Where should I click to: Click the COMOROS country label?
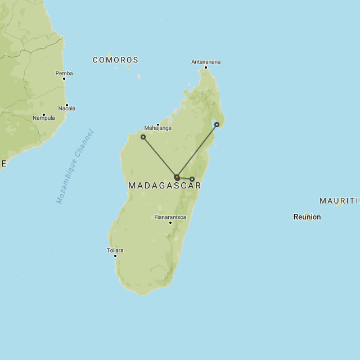pos(115,60)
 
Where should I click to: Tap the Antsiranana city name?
pos(206,61)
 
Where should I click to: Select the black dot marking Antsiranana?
pos(206,67)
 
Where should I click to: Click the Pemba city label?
pos(64,73)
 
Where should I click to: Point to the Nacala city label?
pos(66,109)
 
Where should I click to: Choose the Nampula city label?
pos(43,118)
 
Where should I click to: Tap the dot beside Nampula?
pos(43,114)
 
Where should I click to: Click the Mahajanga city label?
pos(157,128)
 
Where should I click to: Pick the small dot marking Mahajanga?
pos(158,124)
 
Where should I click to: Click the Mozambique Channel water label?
pos(75,167)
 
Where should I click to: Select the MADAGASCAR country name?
pos(164,186)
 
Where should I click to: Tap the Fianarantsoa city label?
pos(170,217)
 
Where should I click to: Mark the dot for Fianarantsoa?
pos(170,222)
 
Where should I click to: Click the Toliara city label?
pos(115,250)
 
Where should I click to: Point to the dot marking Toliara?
pos(115,256)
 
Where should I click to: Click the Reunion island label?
pos(307,217)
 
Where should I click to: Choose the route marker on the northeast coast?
pos(217,125)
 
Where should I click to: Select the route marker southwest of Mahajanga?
pos(143,137)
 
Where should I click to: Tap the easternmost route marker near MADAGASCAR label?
pos(192,179)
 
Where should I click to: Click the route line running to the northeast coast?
pos(197,151)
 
